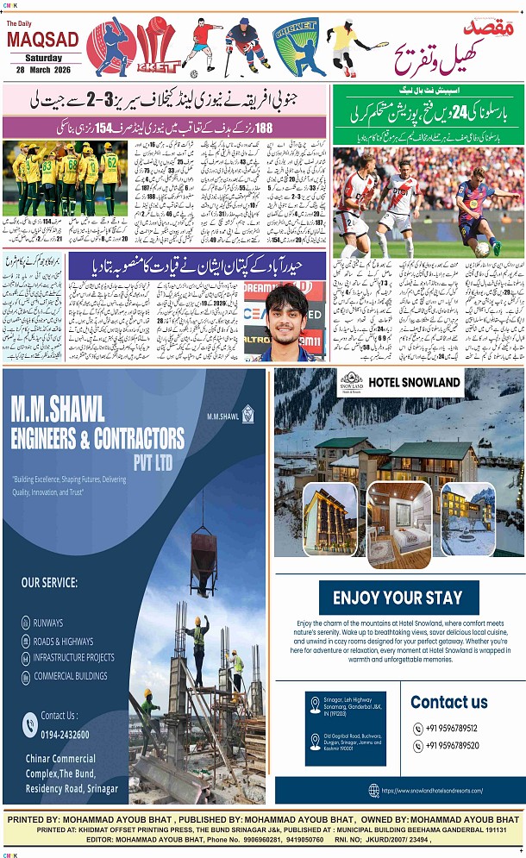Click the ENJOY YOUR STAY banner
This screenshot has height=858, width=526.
[398, 598]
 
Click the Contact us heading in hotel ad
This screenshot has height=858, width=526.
[448, 702]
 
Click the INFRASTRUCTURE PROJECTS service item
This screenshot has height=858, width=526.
[74, 658]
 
